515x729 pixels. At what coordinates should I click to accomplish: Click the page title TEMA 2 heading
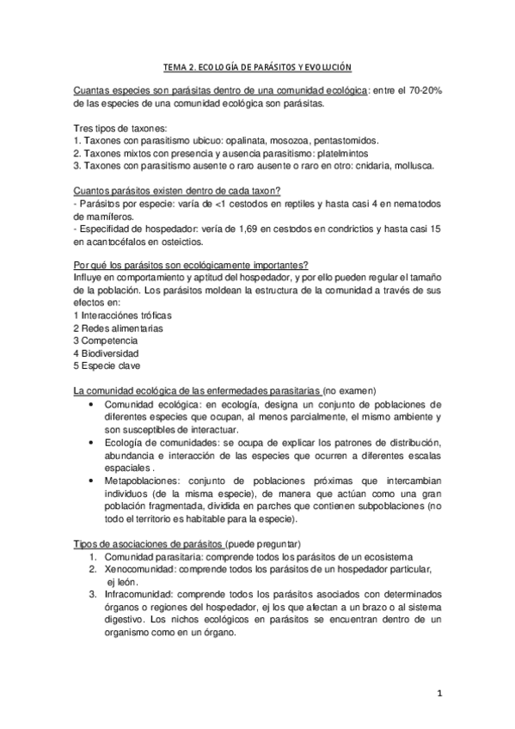258,67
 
